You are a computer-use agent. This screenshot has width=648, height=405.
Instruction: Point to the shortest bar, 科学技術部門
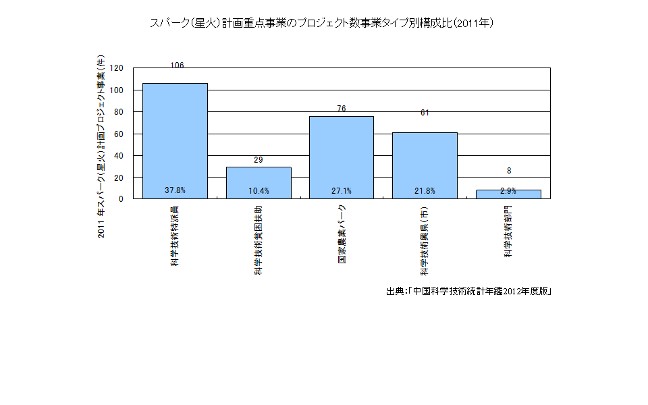coord(508,194)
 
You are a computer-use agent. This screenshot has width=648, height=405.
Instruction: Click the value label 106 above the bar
coord(178,65)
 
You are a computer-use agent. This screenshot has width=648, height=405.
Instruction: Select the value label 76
coord(342,109)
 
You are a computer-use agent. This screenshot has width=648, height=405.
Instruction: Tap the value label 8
coord(509,171)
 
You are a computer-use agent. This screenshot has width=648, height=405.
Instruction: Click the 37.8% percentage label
coord(175,191)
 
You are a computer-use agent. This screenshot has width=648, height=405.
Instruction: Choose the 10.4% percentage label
coord(259,191)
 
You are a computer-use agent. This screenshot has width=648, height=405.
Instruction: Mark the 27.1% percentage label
coord(342,191)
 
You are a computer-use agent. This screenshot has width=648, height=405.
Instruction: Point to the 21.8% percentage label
coord(425,191)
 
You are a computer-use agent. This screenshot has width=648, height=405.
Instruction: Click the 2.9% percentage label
coord(508,191)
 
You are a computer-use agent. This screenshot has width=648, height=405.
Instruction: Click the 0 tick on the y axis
coord(121,199)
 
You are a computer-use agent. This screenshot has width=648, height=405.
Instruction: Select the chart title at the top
coord(323,23)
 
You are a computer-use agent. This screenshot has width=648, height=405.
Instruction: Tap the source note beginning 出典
coord(470,292)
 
